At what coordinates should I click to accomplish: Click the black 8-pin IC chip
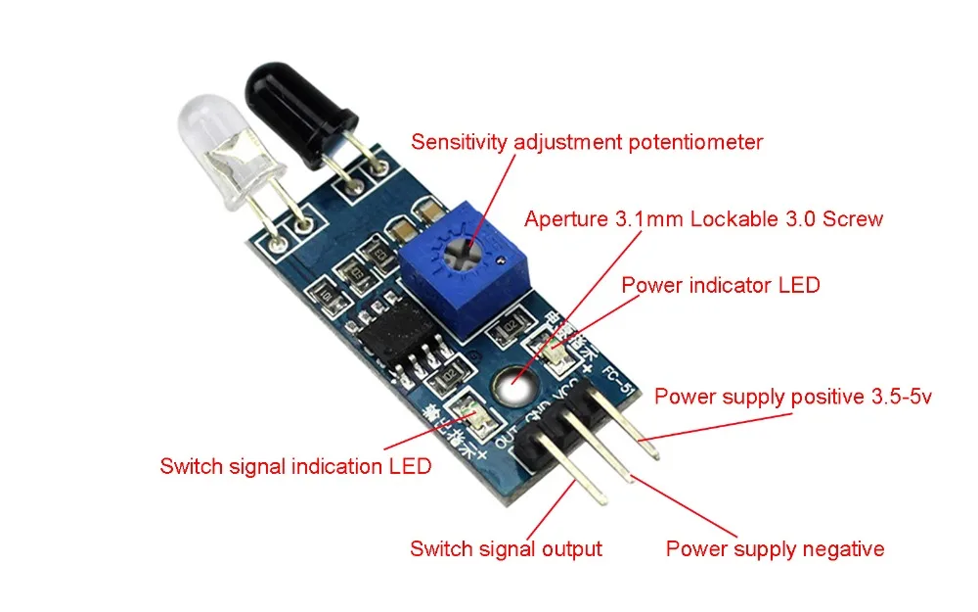[x=392, y=337]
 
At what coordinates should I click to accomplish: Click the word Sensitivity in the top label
[x=460, y=142]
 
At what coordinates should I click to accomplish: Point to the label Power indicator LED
[x=721, y=285]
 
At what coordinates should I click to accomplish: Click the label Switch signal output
[x=506, y=548]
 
